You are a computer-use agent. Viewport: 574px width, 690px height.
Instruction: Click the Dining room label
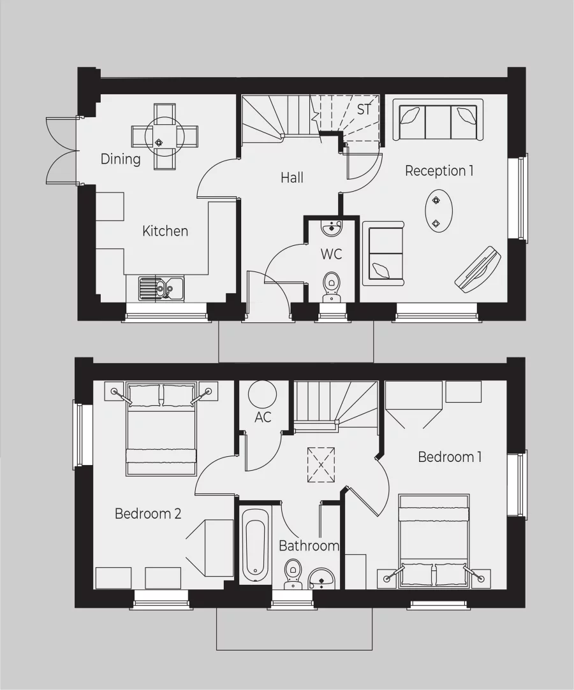pyautogui.click(x=121, y=159)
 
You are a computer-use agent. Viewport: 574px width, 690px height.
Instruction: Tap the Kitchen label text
pyautogui.click(x=165, y=231)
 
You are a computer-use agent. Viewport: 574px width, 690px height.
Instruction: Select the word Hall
pyautogui.click(x=292, y=178)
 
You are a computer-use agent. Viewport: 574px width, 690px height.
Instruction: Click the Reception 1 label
pyautogui.click(x=439, y=171)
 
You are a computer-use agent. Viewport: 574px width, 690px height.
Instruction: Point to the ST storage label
pyautogui.click(x=364, y=110)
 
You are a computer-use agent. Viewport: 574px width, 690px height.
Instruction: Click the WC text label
pyautogui.click(x=331, y=254)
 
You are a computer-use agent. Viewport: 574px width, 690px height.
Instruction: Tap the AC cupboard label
pyautogui.click(x=263, y=417)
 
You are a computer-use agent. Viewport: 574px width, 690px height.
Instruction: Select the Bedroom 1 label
pyautogui.click(x=450, y=457)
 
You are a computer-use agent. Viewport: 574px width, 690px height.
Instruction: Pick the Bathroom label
pyautogui.click(x=309, y=546)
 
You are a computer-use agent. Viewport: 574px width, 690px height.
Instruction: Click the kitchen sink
pyautogui.click(x=160, y=288)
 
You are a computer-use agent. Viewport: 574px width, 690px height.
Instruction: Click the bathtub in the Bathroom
pyautogui.click(x=255, y=545)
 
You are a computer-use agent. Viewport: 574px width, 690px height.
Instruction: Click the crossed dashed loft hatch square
pyautogui.click(x=321, y=466)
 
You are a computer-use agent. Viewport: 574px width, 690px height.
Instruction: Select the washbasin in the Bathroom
pyautogui.click(x=322, y=578)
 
